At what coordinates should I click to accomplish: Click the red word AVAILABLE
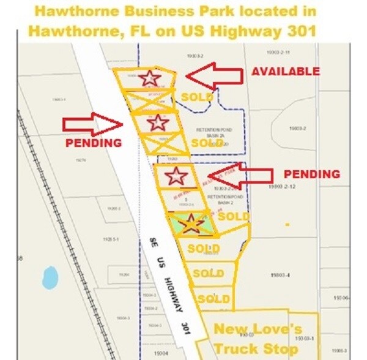pyautogui.click(x=285, y=72)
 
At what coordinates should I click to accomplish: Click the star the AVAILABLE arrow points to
pyautogui.click(x=147, y=78)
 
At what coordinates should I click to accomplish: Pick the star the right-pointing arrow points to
pyautogui.click(x=158, y=122)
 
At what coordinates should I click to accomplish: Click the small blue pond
pyautogui.click(x=50, y=277)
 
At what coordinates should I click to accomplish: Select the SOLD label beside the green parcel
pyautogui.click(x=233, y=216)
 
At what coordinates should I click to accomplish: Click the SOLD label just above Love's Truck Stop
pyautogui.click(x=213, y=299)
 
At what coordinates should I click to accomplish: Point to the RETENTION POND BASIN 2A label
pyautogui.click(x=212, y=133)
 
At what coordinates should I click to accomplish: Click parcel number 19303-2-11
pyautogui.click(x=282, y=53)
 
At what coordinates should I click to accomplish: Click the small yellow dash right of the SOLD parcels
pyautogui.click(x=287, y=225)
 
